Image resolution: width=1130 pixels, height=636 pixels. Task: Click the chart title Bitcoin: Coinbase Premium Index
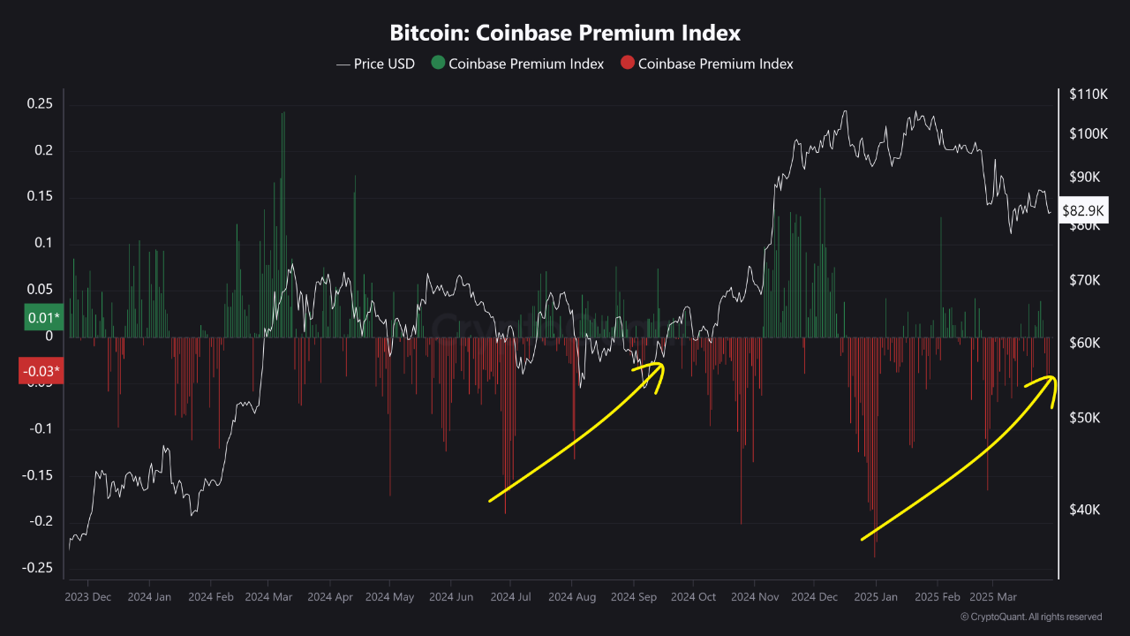pyautogui.click(x=565, y=34)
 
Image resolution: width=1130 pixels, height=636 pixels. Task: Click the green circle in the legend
pyautogui.click(x=437, y=64)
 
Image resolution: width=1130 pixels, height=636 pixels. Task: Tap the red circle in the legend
pyautogui.click(x=627, y=64)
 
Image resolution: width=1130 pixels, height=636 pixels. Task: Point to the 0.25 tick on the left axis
pyautogui.click(x=40, y=104)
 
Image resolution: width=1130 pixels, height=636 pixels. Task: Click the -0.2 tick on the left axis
pyautogui.click(x=40, y=521)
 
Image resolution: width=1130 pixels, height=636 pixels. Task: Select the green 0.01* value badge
pyautogui.click(x=42, y=317)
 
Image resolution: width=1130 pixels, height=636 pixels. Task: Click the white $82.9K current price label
pyautogui.click(x=1081, y=211)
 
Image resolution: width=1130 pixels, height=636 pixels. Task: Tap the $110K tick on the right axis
pyautogui.click(x=1088, y=94)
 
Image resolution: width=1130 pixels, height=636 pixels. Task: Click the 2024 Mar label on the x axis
pyautogui.click(x=268, y=597)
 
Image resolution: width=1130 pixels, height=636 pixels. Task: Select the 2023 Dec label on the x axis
pyautogui.click(x=88, y=597)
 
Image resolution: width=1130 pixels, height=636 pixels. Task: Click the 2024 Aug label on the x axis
pyautogui.click(x=572, y=597)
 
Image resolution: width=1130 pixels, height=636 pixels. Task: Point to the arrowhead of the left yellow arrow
pyautogui.click(x=661, y=365)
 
